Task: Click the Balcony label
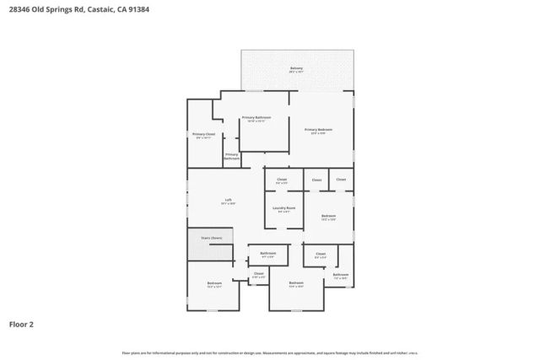[296, 68]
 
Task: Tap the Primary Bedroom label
[318, 130]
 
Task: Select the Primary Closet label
[203, 135]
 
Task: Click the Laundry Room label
[283, 208]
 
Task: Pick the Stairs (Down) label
[211, 238]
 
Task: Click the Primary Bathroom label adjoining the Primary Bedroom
[256, 119]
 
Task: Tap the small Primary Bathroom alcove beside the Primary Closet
[232, 157]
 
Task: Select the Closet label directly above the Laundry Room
[282, 180]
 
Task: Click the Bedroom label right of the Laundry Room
[329, 217]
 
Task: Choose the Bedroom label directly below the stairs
[214, 284]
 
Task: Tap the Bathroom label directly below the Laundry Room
[268, 254]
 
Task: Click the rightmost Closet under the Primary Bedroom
[341, 180]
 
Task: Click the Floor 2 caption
[23, 323]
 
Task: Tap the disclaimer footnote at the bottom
[270, 352]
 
